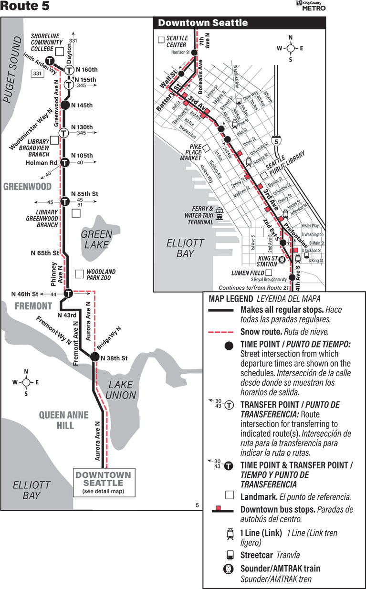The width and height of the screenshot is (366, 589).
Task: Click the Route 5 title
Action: (x=25, y=7)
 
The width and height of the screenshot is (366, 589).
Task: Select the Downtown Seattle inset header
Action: (x=203, y=23)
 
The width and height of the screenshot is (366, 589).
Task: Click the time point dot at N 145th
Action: (x=66, y=105)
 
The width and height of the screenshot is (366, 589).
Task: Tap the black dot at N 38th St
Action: (x=94, y=357)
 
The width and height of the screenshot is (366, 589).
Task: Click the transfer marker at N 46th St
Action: (x=68, y=293)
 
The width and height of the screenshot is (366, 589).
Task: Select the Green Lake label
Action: (x=96, y=239)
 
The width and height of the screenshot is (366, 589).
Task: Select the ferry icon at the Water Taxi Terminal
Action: (x=220, y=213)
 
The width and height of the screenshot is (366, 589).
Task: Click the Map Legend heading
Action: (x=231, y=299)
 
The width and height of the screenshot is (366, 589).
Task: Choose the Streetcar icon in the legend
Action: (x=230, y=556)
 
